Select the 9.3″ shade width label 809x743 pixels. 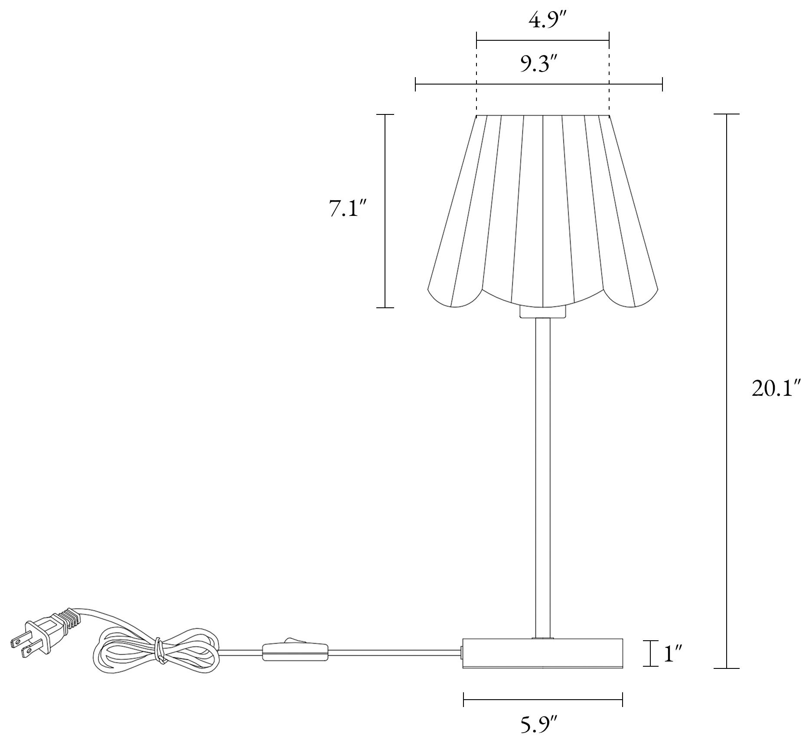point(538,65)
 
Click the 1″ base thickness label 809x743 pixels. point(674,666)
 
